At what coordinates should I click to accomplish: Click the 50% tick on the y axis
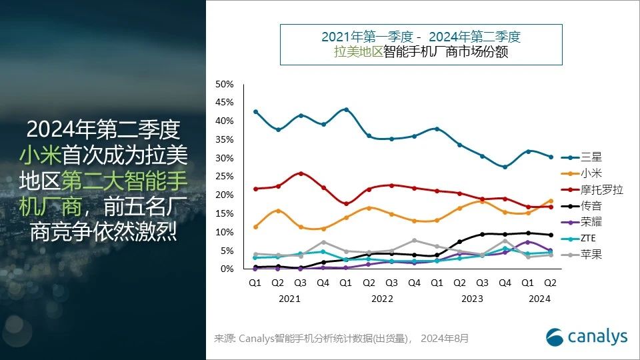(224, 84)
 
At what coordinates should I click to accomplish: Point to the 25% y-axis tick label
(224, 177)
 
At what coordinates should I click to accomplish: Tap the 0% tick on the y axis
(227, 269)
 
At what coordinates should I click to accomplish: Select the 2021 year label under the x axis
(289, 299)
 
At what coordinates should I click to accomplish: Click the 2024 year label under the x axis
(540, 299)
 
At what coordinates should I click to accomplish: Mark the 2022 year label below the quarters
(381, 299)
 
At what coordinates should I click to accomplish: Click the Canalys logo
(586, 337)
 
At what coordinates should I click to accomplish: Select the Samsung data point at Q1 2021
(255, 111)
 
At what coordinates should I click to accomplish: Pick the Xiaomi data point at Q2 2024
(550, 201)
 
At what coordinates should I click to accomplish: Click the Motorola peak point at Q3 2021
(301, 173)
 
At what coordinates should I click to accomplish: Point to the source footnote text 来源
(225, 339)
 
